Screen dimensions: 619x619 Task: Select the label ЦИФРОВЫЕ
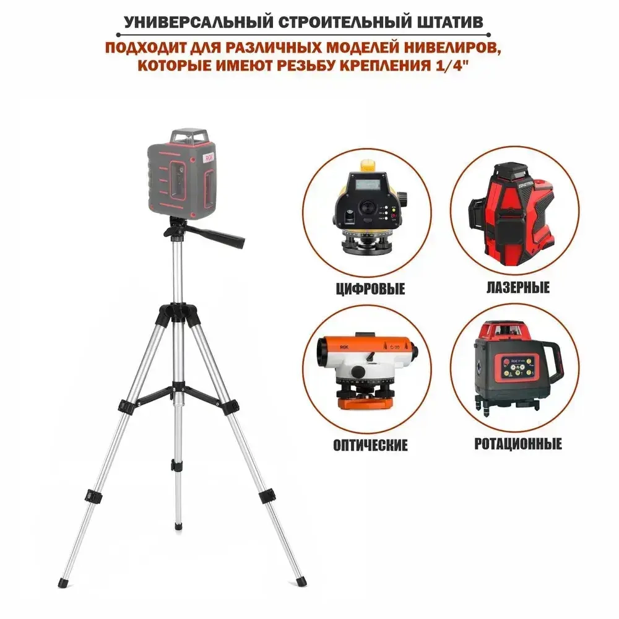click(366, 289)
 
